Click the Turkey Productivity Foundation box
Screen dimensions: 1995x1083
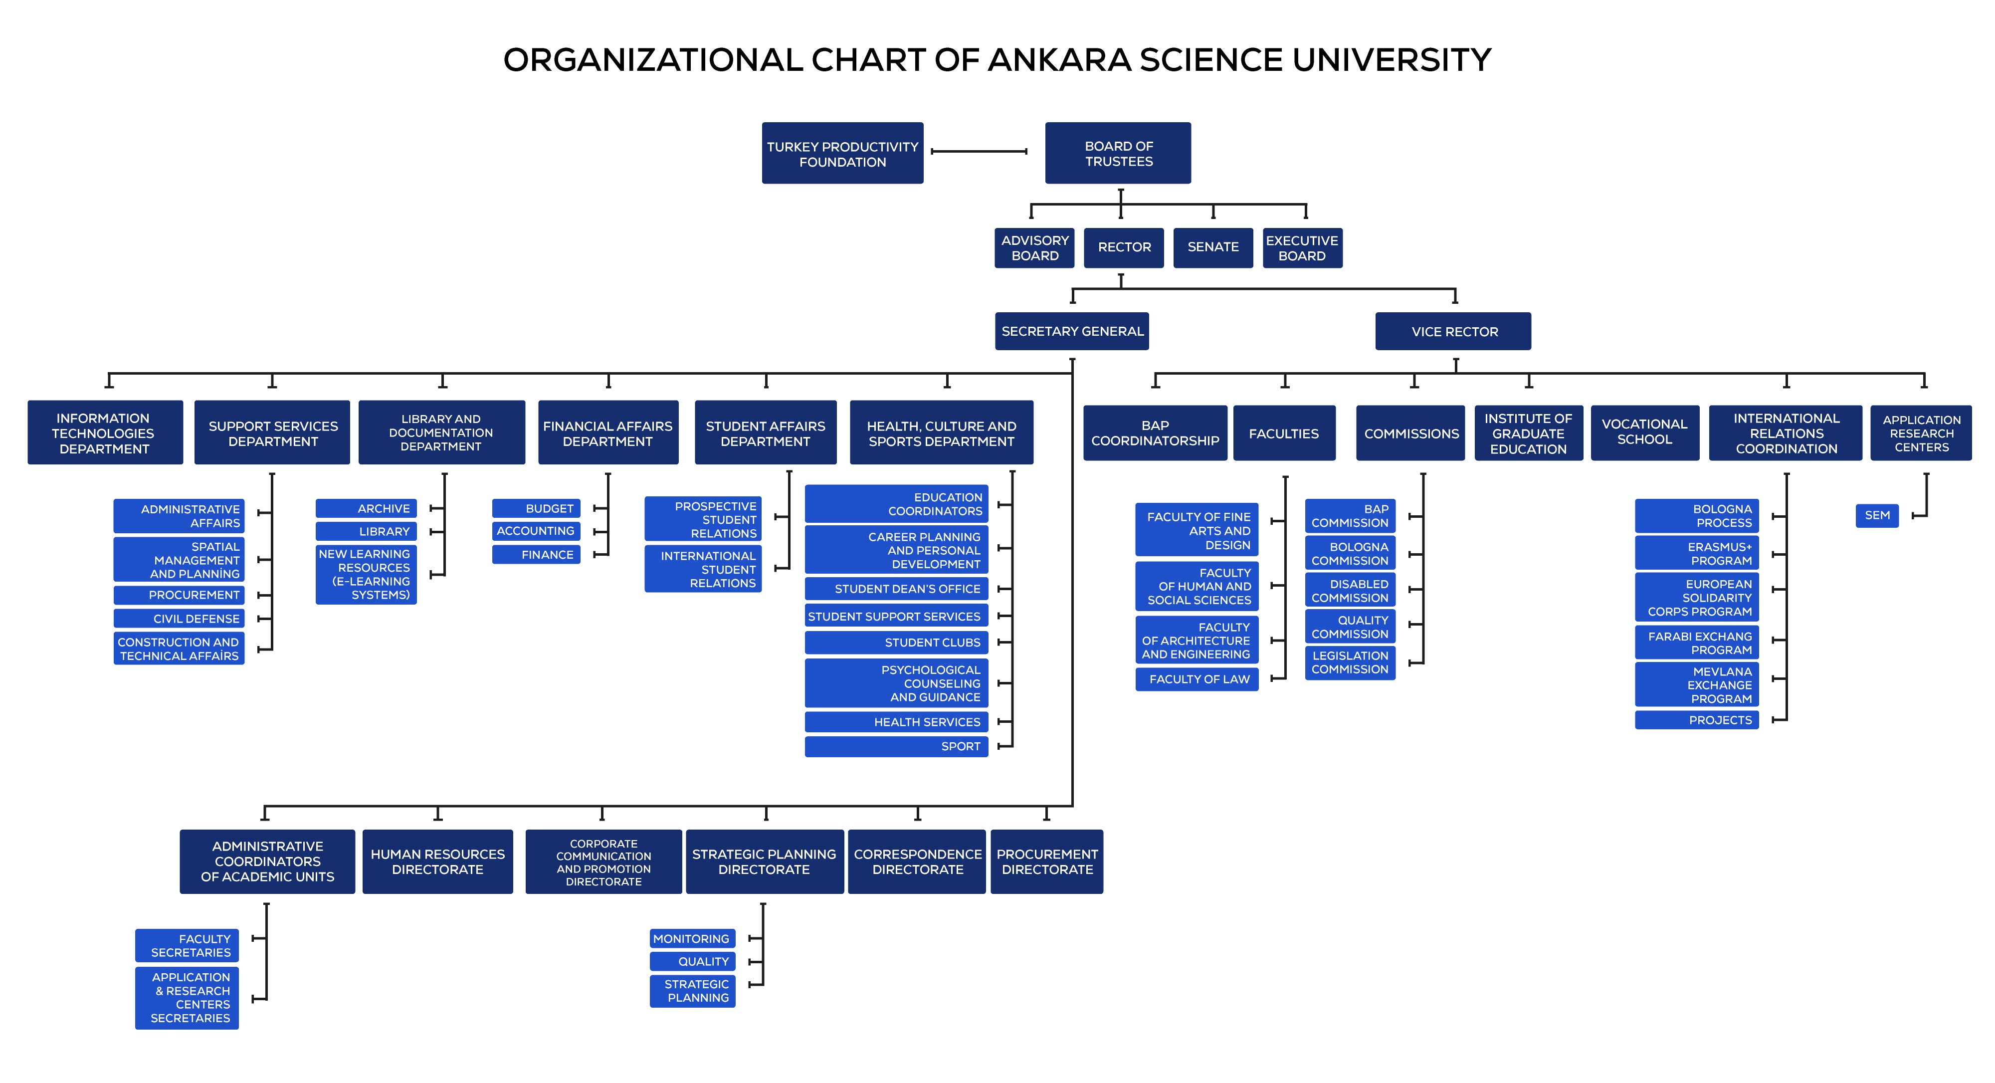842,153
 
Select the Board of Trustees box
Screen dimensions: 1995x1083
1118,153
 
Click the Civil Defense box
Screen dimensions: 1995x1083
179,618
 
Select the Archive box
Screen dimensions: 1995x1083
366,508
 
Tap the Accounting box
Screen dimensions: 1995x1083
536,531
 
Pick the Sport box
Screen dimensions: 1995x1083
896,746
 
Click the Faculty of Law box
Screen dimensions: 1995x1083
1197,678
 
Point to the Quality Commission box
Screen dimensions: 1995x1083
1350,627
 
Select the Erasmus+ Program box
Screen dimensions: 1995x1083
1697,553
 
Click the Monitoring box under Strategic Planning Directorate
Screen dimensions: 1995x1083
692,938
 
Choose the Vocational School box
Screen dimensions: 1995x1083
1645,433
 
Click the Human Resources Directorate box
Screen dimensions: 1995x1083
437,862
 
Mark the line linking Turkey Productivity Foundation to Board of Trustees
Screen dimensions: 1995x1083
979,151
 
